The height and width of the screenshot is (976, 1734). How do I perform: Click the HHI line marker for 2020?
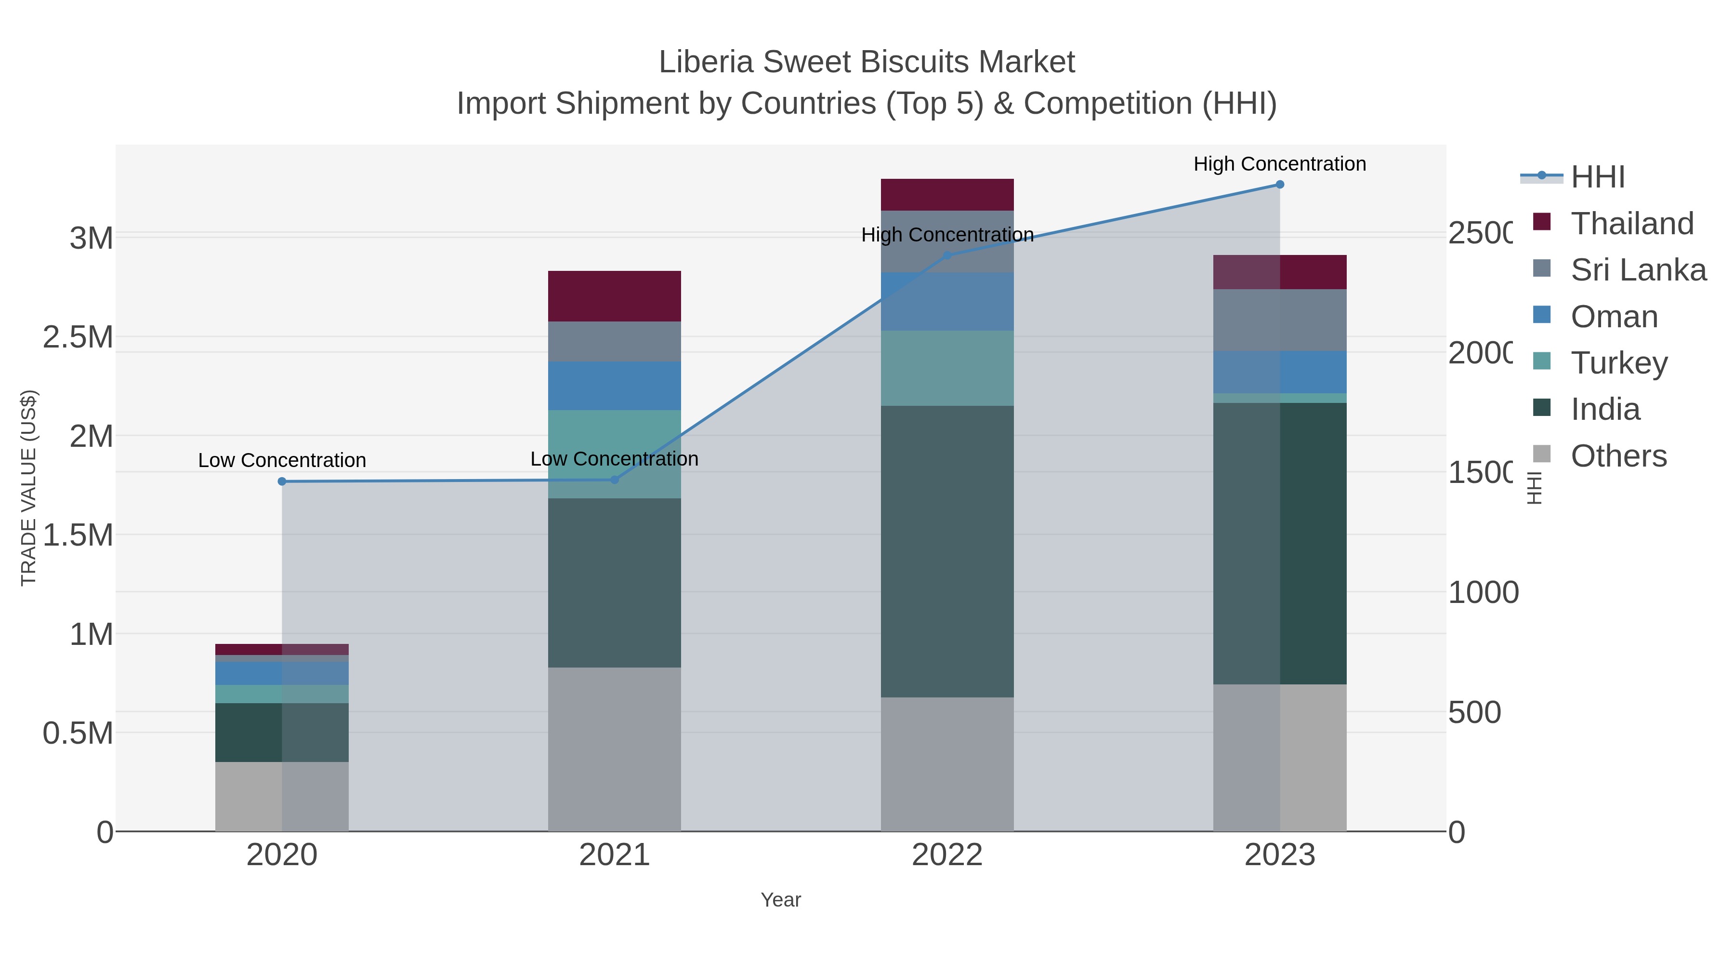click(282, 481)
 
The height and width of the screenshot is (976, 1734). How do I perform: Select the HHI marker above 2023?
click(1280, 185)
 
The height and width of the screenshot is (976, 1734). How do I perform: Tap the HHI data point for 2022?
click(947, 255)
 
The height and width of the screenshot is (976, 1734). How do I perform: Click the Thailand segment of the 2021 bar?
click(614, 296)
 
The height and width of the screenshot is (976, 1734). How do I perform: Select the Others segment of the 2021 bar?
click(614, 749)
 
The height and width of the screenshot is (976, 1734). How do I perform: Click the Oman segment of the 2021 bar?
click(614, 386)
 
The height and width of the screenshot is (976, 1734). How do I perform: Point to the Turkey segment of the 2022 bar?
click(947, 368)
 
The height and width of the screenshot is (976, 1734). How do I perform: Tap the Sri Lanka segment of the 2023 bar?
click(1280, 320)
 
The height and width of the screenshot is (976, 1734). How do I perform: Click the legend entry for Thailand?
click(1632, 224)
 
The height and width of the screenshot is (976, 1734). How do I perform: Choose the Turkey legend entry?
click(1619, 363)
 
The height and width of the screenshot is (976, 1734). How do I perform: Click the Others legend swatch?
click(1541, 455)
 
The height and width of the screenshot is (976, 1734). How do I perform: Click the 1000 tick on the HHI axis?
click(1483, 593)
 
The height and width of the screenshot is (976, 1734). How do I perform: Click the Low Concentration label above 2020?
click(282, 461)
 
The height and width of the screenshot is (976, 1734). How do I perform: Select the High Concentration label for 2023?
click(1280, 164)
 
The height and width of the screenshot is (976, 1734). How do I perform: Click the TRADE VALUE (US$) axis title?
click(28, 488)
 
